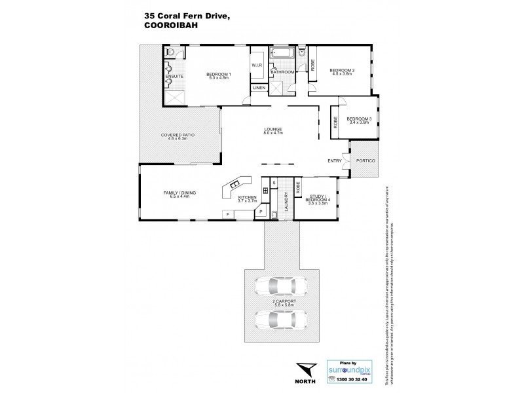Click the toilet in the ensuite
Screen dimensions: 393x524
(170, 52)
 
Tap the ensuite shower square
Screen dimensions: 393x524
(176, 96)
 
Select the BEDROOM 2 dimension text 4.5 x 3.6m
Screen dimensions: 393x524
(342, 74)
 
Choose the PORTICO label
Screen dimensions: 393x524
(364, 162)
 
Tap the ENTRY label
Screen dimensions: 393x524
(335, 161)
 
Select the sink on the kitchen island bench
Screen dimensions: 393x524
(234, 185)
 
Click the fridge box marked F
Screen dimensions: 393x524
(227, 214)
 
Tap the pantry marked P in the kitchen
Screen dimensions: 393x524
(261, 212)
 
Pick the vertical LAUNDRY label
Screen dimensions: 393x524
(286, 200)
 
